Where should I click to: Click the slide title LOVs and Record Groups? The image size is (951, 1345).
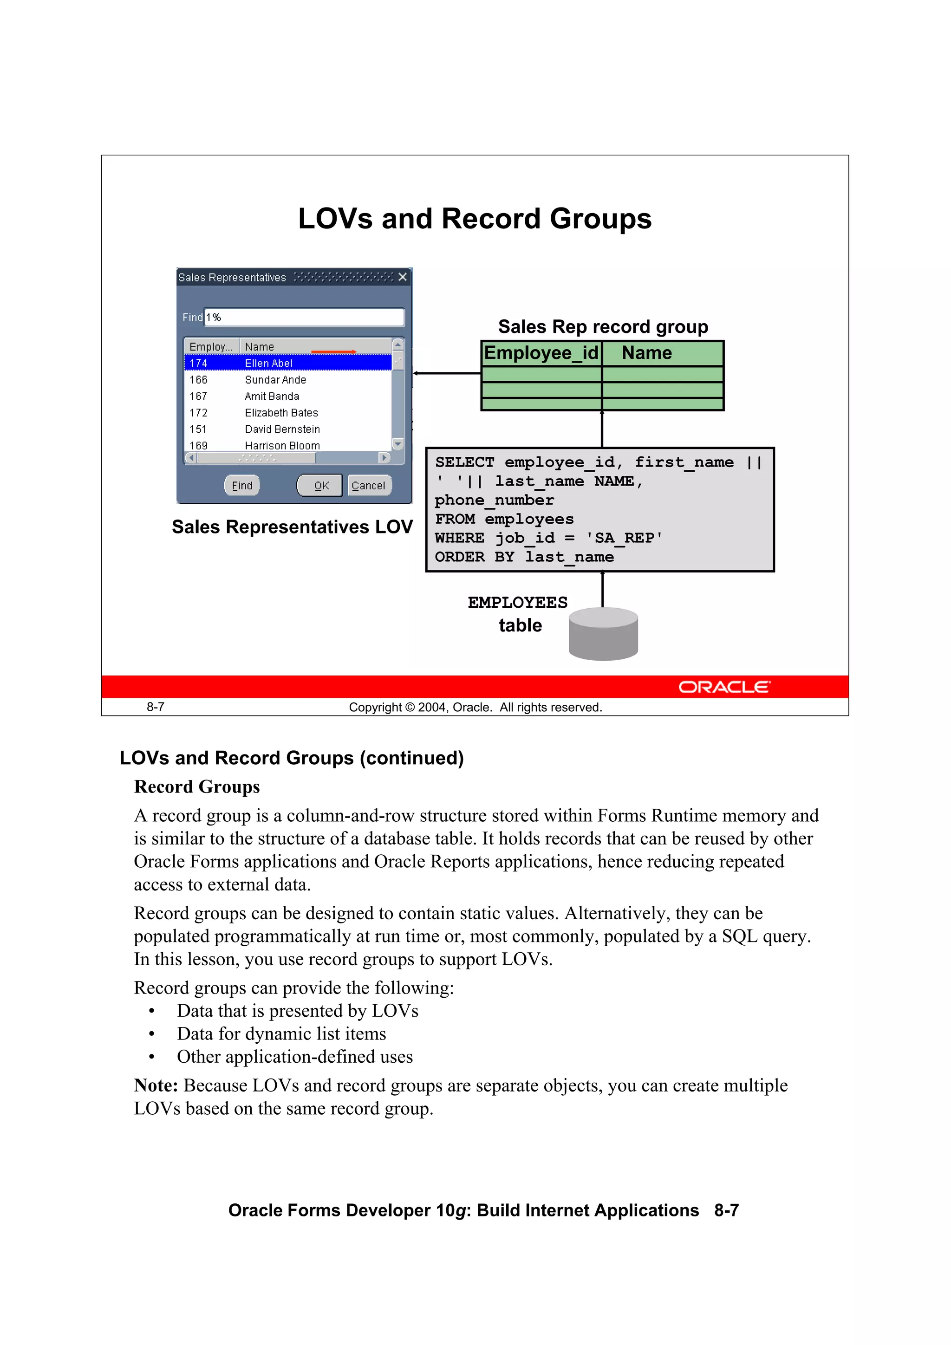point(474,219)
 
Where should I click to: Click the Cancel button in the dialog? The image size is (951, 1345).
point(369,485)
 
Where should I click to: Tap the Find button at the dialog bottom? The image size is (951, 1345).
point(241,485)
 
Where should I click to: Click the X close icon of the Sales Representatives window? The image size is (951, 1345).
point(403,277)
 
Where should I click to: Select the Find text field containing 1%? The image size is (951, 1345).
point(304,317)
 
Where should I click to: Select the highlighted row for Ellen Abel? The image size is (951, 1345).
point(287,363)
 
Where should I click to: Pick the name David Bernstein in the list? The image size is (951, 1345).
point(282,429)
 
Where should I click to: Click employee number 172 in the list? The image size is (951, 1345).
point(199,413)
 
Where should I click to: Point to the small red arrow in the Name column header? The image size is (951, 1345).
point(333,351)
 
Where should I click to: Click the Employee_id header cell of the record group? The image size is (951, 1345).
point(541,353)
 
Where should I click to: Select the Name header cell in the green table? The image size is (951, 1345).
point(646,353)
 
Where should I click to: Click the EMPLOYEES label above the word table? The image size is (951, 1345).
point(517,602)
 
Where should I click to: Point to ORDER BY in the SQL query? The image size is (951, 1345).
point(474,557)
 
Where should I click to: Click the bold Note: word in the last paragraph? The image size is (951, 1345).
point(156,1085)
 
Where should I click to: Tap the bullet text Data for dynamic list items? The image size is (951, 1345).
point(281,1034)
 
